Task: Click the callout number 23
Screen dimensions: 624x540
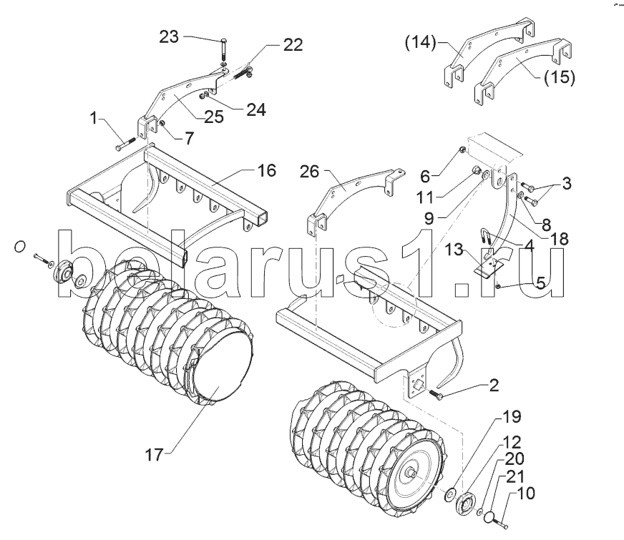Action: click(x=169, y=37)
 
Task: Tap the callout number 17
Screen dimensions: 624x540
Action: click(x=155, y=454)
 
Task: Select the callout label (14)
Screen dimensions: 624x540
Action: click(x=421, y=42)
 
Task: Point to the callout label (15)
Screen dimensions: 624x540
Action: click(x=560, y=77)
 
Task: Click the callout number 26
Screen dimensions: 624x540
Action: click(x=310, y=172)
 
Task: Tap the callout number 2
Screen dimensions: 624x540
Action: click(x=494, y=385)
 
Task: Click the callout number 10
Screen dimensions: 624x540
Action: click(x=527, y=493)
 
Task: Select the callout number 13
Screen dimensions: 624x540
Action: click(x=454, y=250)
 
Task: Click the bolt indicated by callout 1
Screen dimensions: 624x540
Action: click(x=125, y=144)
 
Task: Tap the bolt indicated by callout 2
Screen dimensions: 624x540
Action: click(x=437, y=395)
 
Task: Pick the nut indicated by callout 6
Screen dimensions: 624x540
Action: click(x=463, y=149)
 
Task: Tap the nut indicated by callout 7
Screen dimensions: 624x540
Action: click(x=162, y=124)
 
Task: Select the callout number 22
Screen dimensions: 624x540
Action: click(x=293, y=45)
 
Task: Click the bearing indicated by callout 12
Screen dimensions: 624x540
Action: click(x=467, y=505)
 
